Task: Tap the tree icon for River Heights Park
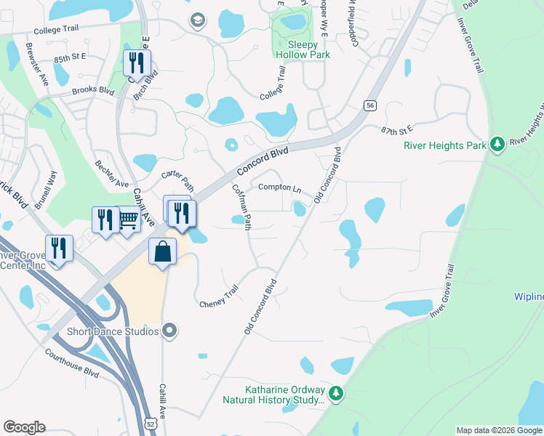[497, 145]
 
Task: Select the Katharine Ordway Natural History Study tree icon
[335, 394]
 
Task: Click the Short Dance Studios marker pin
[169, 331]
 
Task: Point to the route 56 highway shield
[370, 105]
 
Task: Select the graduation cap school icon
[196, 20]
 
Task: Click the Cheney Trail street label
[219, 296]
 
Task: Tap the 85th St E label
[70, 56]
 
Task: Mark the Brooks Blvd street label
[94, 92]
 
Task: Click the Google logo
[23, 427]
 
